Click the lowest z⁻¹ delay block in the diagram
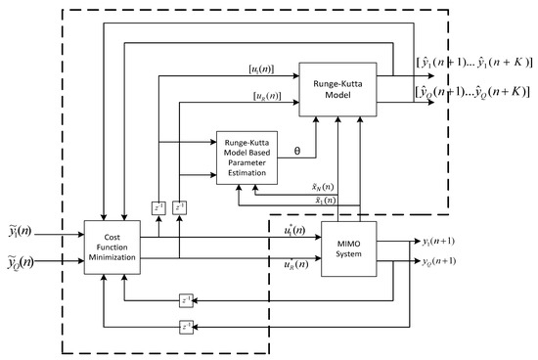tap(185, 326)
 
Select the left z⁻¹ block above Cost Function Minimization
tap(157, 207)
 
